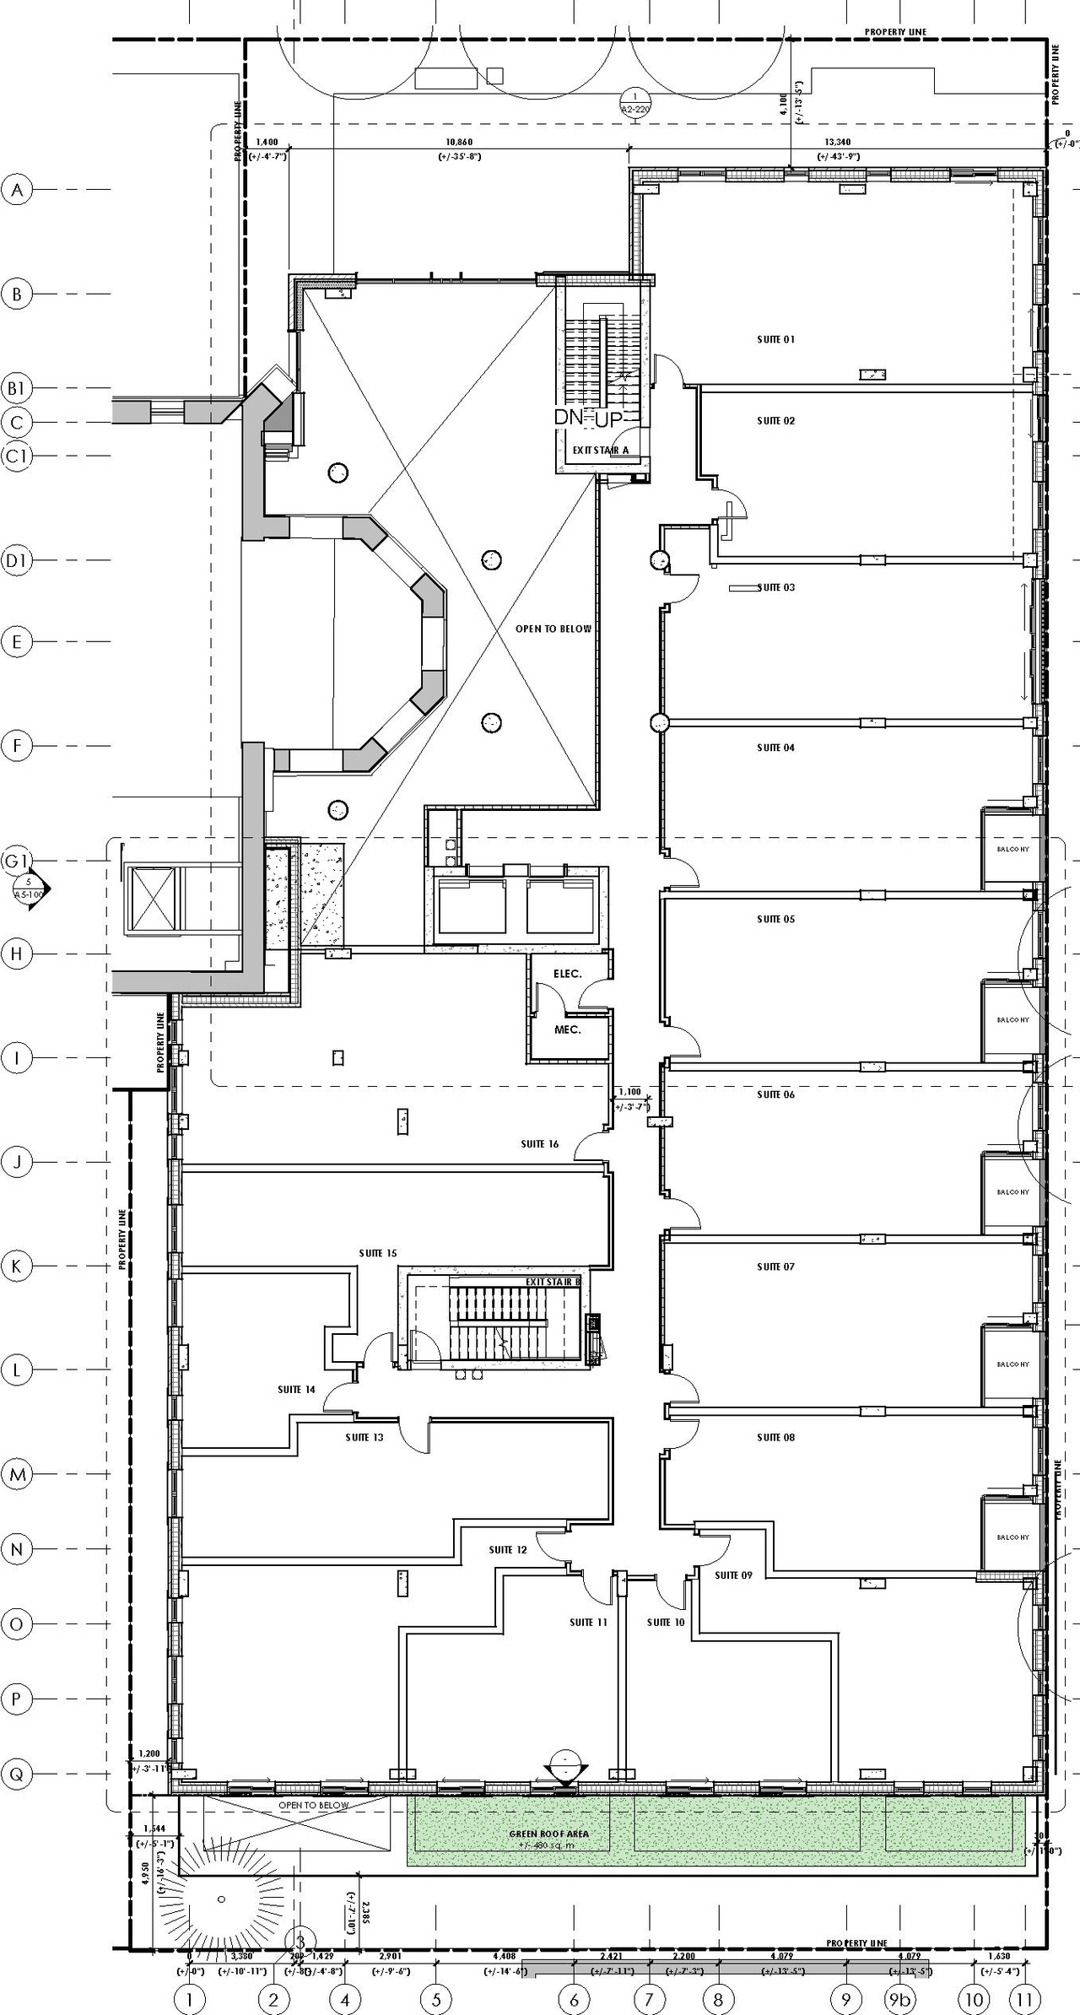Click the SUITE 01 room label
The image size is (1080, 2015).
point(775,340)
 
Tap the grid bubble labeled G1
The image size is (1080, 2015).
point(17,862)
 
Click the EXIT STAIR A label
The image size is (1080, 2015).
point(601,451)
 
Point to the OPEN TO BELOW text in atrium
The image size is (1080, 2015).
point(553,629)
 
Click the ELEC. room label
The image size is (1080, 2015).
point(567,974)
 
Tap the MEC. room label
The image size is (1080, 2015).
point(567,1029)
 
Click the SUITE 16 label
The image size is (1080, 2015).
point(539,1144)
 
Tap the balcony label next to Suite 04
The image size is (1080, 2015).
point(1012,850)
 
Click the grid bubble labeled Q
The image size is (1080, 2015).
point(17,1774)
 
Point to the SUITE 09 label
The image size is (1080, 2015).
point(732,1575)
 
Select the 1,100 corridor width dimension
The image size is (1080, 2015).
point(629,1092)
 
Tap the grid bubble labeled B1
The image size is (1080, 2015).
point(17,389)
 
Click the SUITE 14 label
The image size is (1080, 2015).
point(296,1389)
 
